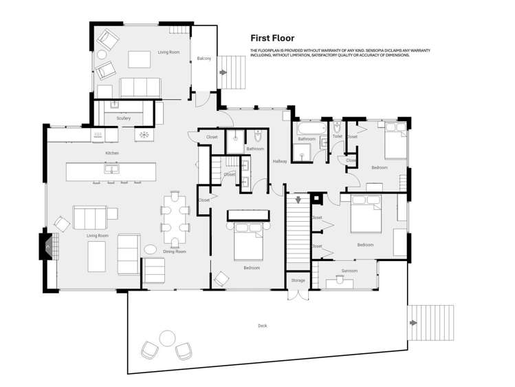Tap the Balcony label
coord(204,59)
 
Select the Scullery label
coord(124,118)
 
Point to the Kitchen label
coord(112,153)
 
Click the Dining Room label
coord(174,252)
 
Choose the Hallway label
coord(280,161)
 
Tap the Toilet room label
coord(337,136)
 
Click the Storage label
coord(298,280)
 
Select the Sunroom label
coord(349,271)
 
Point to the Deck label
coord(262,326)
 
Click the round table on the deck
coord(167,338)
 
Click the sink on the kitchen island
coord(110,169)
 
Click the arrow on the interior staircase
coord(299,200)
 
